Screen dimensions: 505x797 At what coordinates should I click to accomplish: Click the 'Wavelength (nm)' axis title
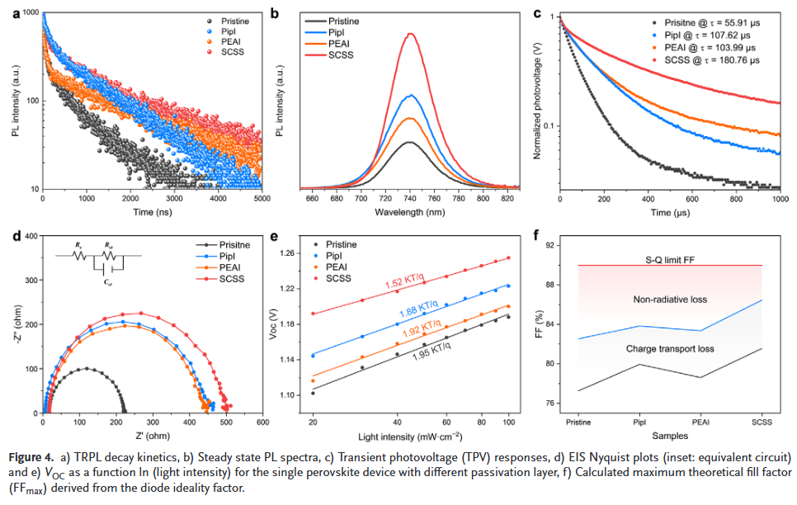(x=410, y=212)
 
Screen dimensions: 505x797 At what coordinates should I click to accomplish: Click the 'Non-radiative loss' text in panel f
(x=670, y=300)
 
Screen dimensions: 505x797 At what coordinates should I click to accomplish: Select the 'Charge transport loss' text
(x=669, y=349)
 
